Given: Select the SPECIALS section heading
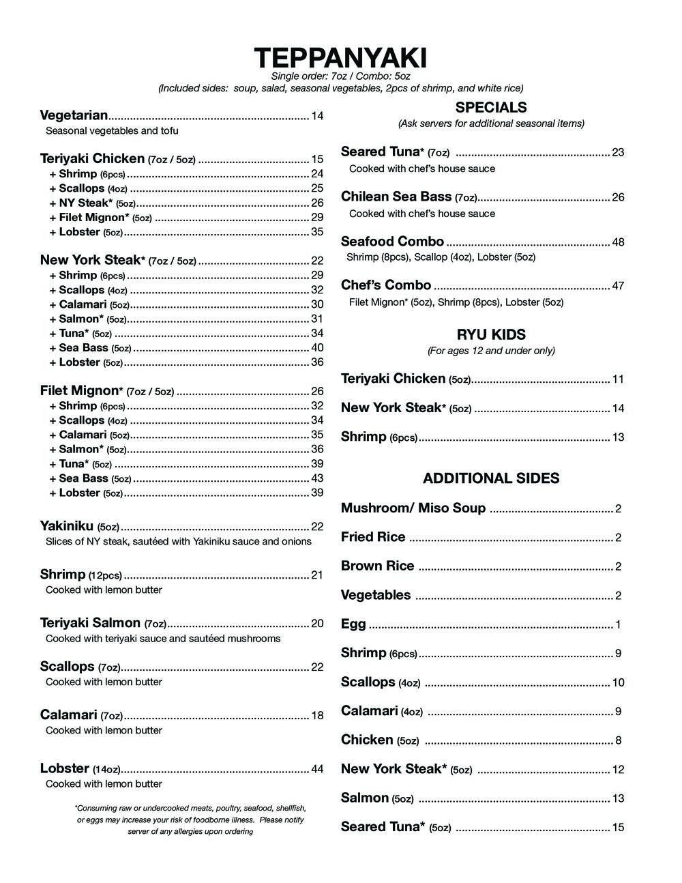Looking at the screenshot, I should pos(491,107).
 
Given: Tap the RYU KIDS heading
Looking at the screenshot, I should pos(491,334).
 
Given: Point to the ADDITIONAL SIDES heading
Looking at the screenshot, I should pos(491,478).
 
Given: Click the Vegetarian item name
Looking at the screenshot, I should pos(74,115).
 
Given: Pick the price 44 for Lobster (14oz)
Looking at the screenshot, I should pos(317,769).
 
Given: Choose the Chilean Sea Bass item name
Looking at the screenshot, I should pos(396,197).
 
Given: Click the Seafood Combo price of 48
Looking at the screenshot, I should pos(618,242).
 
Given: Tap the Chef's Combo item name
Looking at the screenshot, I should pos(386,285).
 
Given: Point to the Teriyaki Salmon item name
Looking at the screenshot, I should pos(90,623).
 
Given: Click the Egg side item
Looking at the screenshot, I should pos(353,624).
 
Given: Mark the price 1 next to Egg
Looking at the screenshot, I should pos(618,625).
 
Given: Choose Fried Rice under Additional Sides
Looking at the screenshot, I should pos(373,537).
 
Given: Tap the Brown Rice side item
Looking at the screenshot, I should pos(377,566).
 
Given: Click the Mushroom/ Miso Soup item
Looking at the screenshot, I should pos(413,508).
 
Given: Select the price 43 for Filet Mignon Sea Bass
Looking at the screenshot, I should pos(317,478).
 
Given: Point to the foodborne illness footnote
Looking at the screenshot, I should pos(190,820).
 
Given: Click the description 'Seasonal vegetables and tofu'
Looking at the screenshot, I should pos(112,130).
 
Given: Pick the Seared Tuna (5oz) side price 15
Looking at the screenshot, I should pos(618,828).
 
